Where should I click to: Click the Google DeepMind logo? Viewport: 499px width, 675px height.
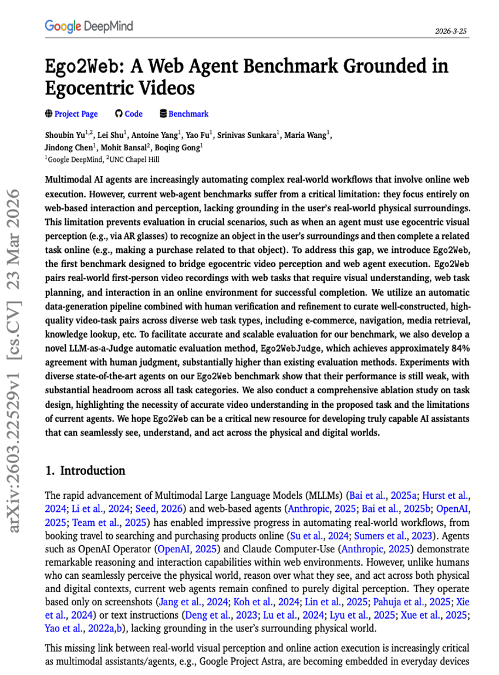[x=89, y=26]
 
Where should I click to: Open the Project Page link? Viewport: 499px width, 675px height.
[x=76, y=114]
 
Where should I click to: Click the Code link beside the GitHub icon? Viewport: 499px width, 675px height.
[x=133, y=114]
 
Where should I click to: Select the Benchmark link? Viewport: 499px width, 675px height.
[x=188, y=114]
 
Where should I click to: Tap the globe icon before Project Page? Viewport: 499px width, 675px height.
[x=49, y=114]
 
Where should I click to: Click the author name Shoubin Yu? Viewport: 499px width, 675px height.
[x=66, y=136]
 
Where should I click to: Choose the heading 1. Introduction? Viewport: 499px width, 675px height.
[x=85, y=471]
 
